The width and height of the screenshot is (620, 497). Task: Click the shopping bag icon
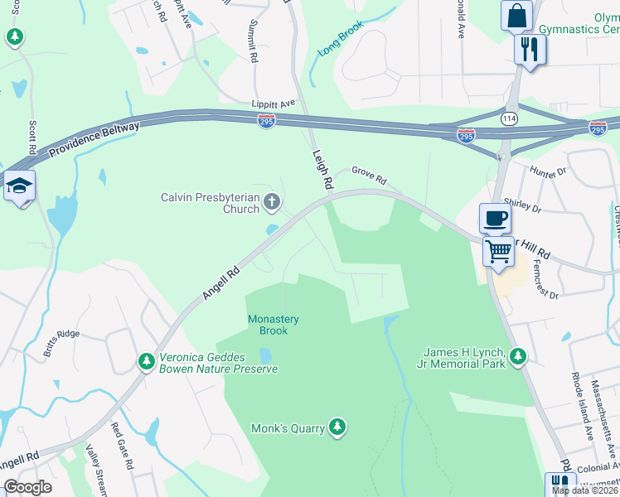516,16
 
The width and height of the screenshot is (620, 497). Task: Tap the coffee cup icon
495,219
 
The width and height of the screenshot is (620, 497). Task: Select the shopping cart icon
498,250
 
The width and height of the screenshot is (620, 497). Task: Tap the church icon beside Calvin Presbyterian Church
271,201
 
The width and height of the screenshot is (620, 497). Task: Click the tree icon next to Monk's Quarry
337,427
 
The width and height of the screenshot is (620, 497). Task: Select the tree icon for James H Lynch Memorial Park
518,356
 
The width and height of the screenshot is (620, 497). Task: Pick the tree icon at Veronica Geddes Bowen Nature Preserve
147,361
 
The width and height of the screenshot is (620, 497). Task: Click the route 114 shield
507,119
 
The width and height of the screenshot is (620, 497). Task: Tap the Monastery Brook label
274,325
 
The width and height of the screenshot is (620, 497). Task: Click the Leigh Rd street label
322,169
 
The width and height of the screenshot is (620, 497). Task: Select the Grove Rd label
369,176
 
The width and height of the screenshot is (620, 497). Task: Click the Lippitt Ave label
274,104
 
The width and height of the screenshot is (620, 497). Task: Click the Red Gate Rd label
122,448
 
